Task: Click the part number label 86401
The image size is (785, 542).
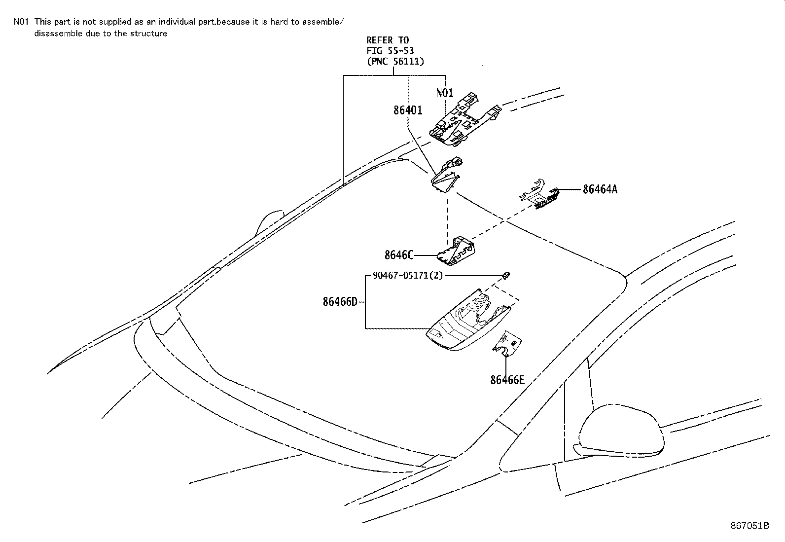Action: (408, 110)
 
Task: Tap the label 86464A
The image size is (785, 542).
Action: (600, 189)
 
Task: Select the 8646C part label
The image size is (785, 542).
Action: (398, 255)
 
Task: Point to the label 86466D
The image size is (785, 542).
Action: (340, 301)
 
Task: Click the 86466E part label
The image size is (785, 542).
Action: (507, 380)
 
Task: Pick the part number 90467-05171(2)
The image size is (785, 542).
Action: (408, 276)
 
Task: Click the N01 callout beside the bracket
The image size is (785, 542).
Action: (445, 93)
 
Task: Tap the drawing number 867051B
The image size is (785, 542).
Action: (749, 526)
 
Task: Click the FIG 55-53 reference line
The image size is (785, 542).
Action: (390, 51)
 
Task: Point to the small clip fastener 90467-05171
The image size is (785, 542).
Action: (506, 274)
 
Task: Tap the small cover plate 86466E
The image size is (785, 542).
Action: (508, 345)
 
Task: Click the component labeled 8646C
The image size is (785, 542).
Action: (459, 249)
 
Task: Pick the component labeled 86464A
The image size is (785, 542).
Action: (540, 195)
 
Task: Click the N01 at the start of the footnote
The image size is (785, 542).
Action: (21, 22)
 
